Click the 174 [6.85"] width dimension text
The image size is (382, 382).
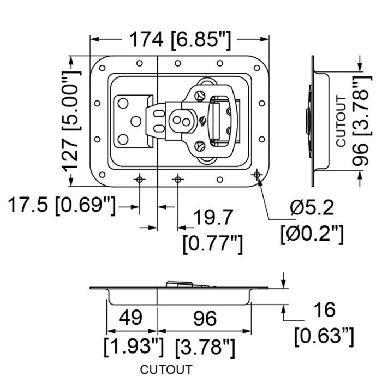[180, 40]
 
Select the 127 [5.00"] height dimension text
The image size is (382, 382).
[70, 122]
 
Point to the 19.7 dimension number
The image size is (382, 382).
[214, 217]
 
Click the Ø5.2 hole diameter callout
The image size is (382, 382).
[312, 208]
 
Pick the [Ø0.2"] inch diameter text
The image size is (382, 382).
[312, 234]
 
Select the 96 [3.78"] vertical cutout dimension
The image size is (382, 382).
[362, 121]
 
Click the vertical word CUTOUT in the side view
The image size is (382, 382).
[341, 122]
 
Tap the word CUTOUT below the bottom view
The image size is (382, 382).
[166, 369]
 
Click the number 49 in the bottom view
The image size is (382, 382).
[130, 318]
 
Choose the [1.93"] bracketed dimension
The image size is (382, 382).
[134, 347]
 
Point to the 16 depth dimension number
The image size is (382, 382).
[325, 309]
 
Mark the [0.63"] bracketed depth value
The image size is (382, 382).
[324, 337]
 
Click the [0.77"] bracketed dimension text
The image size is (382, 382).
[213, 244]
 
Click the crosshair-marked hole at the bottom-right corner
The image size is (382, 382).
[257, 175]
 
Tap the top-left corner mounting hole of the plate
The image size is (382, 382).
[103, 68]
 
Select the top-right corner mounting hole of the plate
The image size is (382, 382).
[257, 68]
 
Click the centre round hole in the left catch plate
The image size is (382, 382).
[136, 121]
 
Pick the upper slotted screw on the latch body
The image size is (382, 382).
[200, 95]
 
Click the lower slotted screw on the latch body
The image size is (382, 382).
[200, 146]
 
